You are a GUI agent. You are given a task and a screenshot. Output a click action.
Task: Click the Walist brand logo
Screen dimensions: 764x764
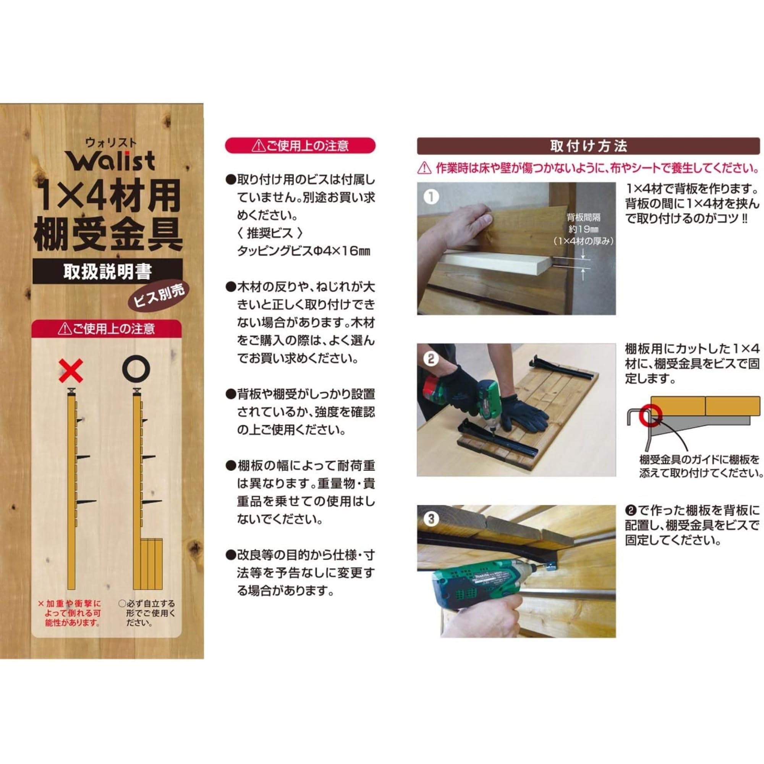point(110,161)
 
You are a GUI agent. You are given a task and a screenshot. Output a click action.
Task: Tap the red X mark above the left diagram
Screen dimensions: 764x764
point(71,371)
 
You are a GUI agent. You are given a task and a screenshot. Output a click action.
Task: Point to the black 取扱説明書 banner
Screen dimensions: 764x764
point(108,271)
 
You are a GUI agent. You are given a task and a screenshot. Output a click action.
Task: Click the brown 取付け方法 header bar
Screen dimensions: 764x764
point(588,146)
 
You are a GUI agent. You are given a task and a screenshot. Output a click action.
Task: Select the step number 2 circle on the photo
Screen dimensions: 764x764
point(431,359)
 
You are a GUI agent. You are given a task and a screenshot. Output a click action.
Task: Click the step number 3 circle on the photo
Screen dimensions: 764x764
point(431,519)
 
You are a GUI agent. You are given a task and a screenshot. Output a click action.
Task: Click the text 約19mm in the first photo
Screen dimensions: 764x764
point(583,229)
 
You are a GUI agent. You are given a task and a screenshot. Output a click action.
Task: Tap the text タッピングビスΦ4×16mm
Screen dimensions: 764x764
point(304,251)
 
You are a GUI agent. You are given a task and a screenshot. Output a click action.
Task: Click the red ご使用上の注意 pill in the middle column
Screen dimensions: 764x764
point(300,146)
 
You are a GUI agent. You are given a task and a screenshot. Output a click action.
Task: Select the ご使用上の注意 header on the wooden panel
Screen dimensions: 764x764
point(107,329)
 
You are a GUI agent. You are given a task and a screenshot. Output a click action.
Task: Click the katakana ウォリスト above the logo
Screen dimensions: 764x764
point(111,143)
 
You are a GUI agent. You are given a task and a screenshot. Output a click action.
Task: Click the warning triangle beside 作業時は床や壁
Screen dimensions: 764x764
point(424,168)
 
